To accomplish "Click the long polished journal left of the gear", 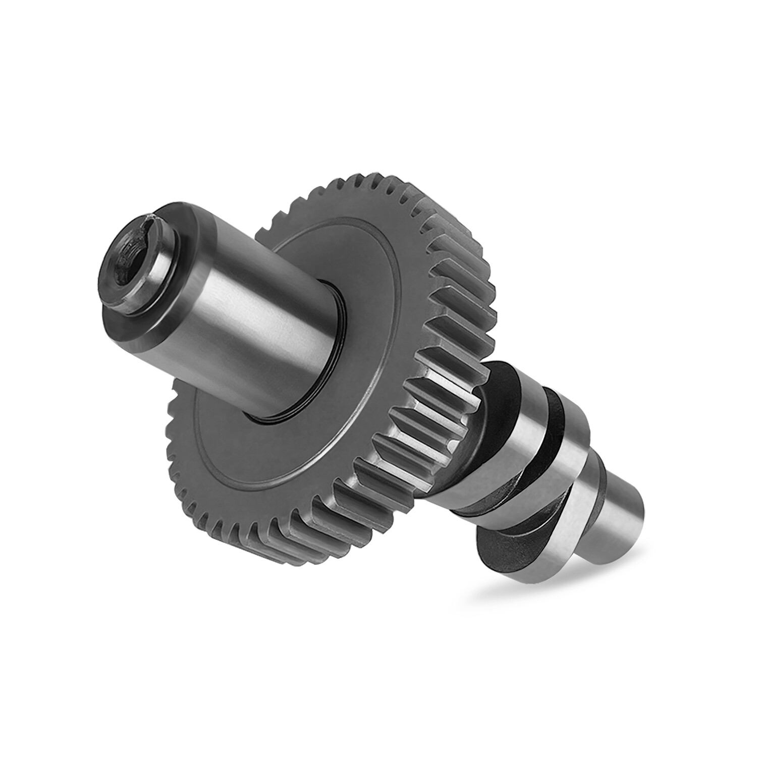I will [262, 313].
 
